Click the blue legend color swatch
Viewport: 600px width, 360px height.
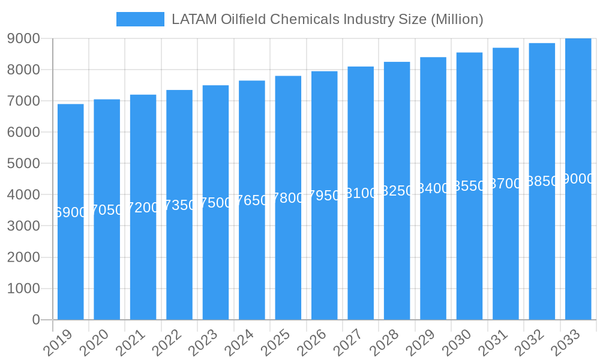tap(140, 19)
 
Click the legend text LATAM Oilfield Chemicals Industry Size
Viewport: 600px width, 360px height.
tap(327, 19)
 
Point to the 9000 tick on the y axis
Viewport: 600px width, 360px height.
tap(23, 38)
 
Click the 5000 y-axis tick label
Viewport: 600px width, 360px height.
tap(23, 164)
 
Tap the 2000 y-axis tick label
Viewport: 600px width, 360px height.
tap(23, 257)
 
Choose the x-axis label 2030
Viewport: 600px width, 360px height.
tap(459, 343)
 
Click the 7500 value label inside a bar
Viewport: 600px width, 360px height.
tap(215, 203)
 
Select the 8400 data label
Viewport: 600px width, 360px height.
tap(433, 188)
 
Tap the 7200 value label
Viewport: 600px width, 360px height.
tap(143, 208)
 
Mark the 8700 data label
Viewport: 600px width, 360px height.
tap(506, 184)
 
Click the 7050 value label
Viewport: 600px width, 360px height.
tap(107, 210)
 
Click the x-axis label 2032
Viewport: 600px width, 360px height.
tap(532, 343)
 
